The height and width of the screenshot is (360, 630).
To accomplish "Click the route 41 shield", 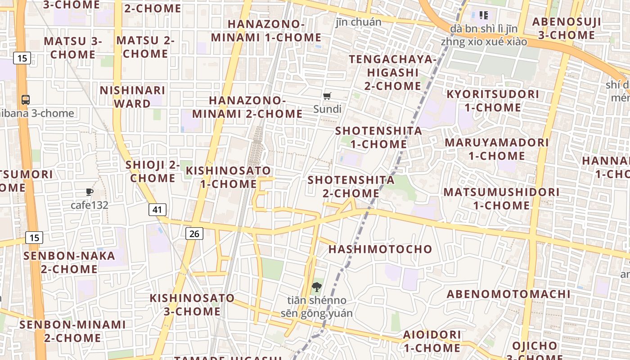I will [x=157, y=209].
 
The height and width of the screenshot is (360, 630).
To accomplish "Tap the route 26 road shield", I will [x=194, y=234].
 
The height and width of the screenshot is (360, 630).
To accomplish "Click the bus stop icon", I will [x=26, y=100].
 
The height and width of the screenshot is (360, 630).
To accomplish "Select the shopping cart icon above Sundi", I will [x=327, y=96].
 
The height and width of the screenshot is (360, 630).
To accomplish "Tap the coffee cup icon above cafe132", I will [x=90, y=192].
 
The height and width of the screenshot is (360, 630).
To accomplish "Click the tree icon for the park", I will [x=317, y=287].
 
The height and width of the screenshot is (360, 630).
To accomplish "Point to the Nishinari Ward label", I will [x=132, y=97].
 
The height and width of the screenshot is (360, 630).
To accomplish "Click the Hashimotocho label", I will [x=380, y=249].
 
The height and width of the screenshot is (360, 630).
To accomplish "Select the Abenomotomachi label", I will [x=508, y=294].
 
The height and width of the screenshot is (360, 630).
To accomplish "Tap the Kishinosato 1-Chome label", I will [x=229, y=177].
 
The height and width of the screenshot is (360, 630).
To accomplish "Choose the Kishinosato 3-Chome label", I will [x=192, y=305].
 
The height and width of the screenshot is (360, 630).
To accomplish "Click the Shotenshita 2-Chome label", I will [x=351, y=187].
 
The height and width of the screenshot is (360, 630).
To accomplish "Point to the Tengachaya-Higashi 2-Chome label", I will [x=393, y=72].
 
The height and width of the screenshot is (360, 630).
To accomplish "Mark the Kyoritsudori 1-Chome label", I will [x=493, y=101].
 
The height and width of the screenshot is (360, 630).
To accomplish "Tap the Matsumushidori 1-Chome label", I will [x=501, y=198].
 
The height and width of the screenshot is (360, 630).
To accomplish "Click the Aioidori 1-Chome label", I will [x=432, y=341].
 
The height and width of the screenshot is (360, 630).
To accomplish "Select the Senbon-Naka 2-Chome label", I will [x=69, y=262].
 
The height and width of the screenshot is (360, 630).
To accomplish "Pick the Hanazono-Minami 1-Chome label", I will [x=266, y=31].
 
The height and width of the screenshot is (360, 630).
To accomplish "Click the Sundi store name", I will [x=327, y=109].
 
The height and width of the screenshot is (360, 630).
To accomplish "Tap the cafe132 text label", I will [x=90, y=205].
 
